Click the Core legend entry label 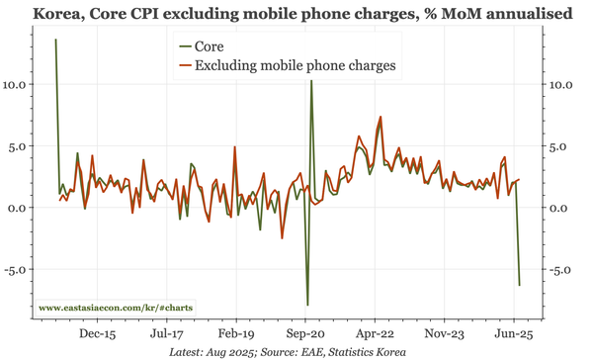209,46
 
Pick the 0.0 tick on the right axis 560,208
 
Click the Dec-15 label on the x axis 96,334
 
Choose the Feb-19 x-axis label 235,334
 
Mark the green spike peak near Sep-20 311,81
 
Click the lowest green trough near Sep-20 307,305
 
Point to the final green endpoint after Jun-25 520,285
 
